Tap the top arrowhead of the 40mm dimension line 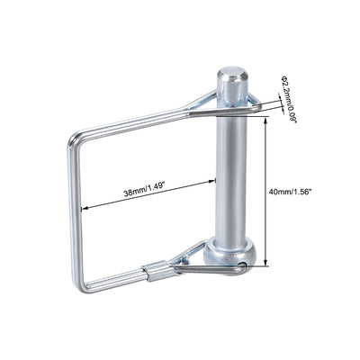(x=266, y=117)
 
